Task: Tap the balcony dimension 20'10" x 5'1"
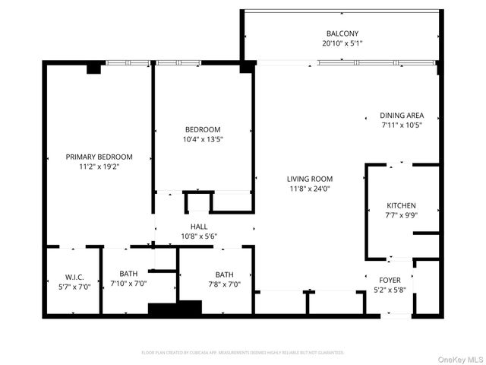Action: (342, 43)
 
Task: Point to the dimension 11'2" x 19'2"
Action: (99, 166)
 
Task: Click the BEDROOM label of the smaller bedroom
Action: (203, 129)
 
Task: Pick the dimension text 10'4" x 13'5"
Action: (203, 139)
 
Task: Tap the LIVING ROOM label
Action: (311, 179)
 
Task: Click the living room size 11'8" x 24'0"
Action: (311, 189)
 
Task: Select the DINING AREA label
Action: (402, 116)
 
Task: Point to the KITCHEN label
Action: (402, 205)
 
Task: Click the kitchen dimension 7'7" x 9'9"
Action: (402, 215)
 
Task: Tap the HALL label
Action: (199, 227)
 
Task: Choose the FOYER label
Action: (390, 280)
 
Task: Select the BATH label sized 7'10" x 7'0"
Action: (128, 274)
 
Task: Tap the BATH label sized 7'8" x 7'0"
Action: (224, 275)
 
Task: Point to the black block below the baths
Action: (175, 309)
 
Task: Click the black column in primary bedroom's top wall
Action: (94, 68)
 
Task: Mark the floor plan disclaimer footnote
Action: (243, 353)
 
